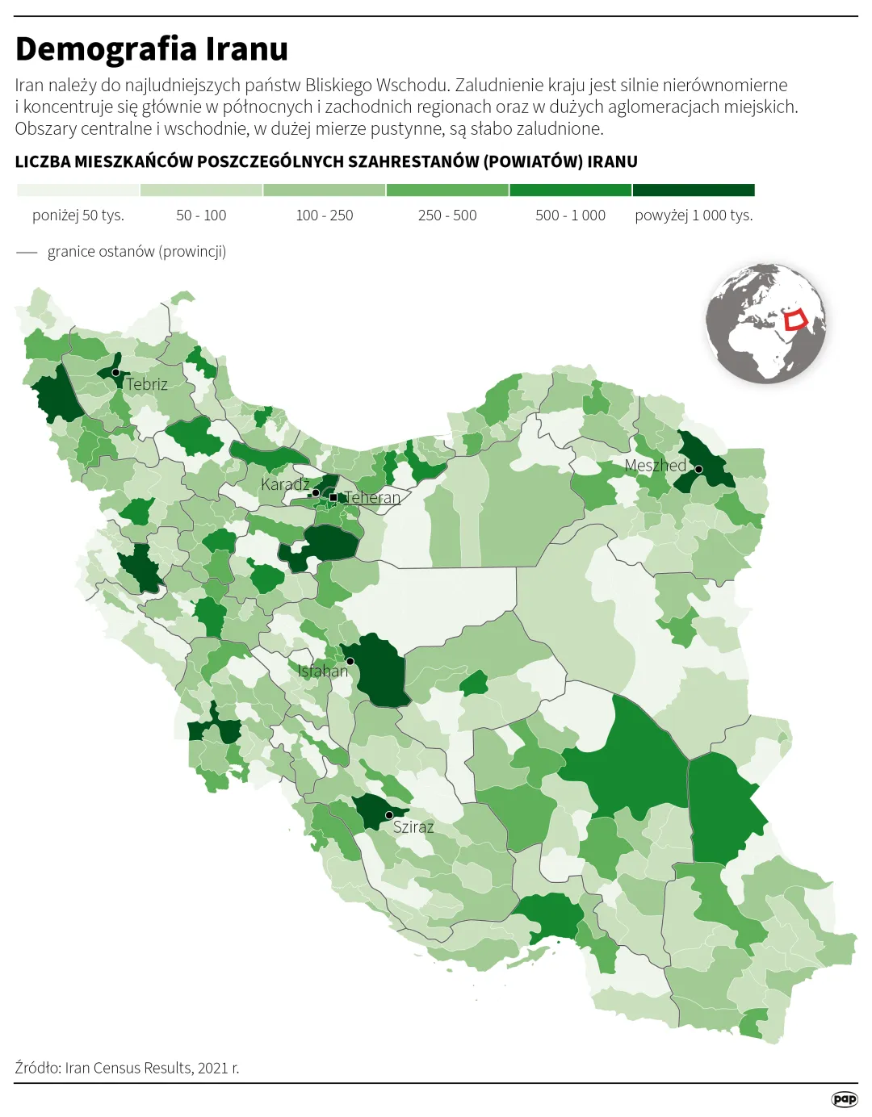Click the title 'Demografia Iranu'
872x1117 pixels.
click(152, 49)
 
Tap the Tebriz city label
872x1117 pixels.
click(147, 384)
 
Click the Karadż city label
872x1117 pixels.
click(285, 484)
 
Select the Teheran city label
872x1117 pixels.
click(372, 497)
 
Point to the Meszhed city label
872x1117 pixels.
click(655, 466)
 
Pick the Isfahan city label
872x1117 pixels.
click(322, 671)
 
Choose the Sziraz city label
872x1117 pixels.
click(413, 826)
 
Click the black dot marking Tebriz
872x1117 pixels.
click(115, 373)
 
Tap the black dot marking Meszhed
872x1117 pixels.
click(699, 469)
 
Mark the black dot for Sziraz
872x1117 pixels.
click(389, 815)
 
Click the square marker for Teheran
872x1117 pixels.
click(333, 497)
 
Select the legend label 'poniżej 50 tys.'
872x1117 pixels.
click(78, 215)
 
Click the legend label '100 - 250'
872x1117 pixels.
click(325, 215)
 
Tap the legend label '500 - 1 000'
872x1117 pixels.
click(570, 215)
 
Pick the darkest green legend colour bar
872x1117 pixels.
click(694, 190)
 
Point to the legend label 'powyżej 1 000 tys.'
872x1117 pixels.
click(694, 215)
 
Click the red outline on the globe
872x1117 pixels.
click(796, 320)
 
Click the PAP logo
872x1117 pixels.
click(845, 1099)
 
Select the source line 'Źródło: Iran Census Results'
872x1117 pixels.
click(127, 1068)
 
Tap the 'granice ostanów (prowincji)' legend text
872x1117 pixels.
click(136, 252)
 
